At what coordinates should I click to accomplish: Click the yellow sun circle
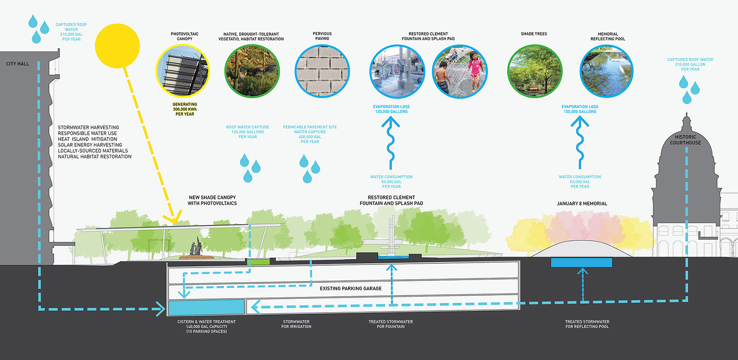tap(117, 46)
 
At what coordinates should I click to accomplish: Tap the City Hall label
tap(18, 64)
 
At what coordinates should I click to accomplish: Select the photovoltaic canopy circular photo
tap(183, 71)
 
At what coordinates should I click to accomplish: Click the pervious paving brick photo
tap(322, 71)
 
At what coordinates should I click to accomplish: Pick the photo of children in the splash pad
tap(460, 71)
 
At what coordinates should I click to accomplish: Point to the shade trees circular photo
tap(534, 71)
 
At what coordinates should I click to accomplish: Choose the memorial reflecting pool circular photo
tap(606, 71)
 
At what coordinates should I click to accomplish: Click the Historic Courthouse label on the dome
tap(685, 140)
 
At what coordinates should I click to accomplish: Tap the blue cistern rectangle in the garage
tap(206, 307)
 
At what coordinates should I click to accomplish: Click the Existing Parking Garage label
tap(351, 288)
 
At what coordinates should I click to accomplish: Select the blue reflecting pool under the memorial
tap(581, 262)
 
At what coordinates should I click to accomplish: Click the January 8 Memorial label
tap(582, 204)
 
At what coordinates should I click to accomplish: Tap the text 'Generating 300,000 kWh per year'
tap(184, 109)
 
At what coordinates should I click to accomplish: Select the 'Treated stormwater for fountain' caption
tap(391, 324)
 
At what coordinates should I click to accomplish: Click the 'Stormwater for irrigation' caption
tap(296, 324)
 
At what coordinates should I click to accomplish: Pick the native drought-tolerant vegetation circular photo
tap(252, 71)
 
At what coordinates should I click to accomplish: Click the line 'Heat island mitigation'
tap(87, 139)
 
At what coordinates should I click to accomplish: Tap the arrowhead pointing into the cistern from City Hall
tap(161, 309)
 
